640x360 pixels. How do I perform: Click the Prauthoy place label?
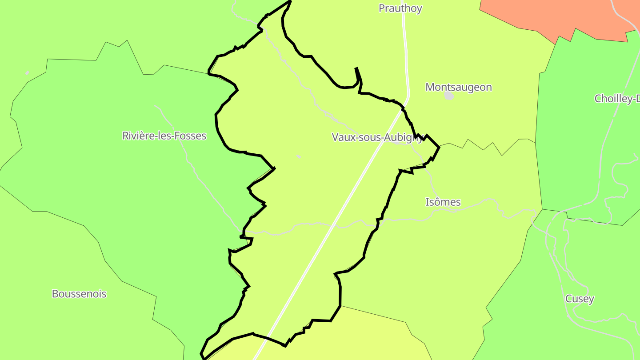(x=400, y=8)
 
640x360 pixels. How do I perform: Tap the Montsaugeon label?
(x=458, y=87)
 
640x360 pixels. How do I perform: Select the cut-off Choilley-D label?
(x=617, y=99)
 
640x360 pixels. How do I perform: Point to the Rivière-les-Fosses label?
(x=164, y=136)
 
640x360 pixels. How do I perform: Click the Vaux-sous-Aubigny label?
(x=377, y=137)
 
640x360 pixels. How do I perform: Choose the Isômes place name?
(x=443, y=202)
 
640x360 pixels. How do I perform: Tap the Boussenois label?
(x=79, y=294)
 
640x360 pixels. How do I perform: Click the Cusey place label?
(x=579, y=299)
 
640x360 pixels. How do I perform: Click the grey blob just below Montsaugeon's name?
(x=449, y=96)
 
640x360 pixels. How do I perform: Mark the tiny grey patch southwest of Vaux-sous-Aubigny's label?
(x=299, y=156)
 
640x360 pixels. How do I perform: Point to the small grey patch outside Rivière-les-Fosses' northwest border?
(x=28, y=73)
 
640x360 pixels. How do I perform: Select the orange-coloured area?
(x=556, y=16)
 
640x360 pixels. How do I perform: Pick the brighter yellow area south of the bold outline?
(x=356, y=338)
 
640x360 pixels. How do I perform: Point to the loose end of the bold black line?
(x=356, y=68)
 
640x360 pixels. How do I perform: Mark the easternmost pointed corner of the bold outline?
(x=439, y=147)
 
